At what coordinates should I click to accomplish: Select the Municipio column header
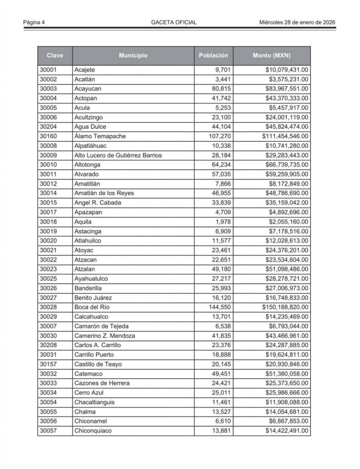[x=133, y=56]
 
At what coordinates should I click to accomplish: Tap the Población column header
[x=213, y=56]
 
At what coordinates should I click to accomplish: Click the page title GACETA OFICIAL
[x=174, y=22]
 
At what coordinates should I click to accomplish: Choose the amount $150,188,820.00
[x=285, y=307]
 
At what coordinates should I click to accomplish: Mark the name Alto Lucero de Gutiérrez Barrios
[x=118, y=155]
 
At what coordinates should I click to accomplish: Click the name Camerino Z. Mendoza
[x=104, y=335]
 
